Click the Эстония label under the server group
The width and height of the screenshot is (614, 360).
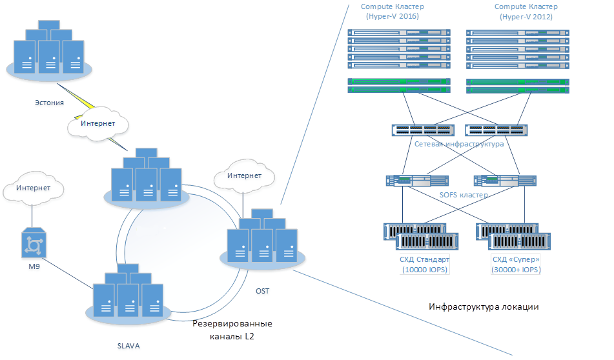pyautogui.click(x=49, y=102)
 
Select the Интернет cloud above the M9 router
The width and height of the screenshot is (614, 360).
pyautogui.click(x=34, y=188)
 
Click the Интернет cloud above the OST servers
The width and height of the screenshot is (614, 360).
pyautogui.click(x=245, y=175)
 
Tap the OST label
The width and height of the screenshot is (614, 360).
pyautogui.click(x=262, y=291)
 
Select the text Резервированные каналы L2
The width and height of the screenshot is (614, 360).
pyautogui.click(x=233, y=329)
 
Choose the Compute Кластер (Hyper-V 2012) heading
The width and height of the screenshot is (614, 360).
pyautogui.click(x=526, y=12)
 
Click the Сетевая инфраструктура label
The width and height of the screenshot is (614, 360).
pyautogui.click(x=459, y=144)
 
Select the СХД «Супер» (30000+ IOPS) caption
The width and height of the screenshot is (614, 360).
pyautogui.click(x=517, y=265)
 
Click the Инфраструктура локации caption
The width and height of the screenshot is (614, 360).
pyautogui.click(x=484, y=306)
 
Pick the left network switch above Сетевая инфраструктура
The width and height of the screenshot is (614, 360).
pyautogui.click(x=423, y=130)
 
